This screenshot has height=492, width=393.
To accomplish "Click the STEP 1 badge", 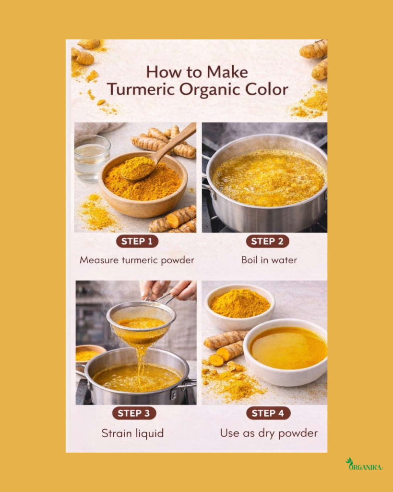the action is pos(137,241).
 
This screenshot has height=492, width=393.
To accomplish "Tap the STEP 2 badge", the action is pos(267,241).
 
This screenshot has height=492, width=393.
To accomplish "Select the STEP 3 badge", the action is pos(134,413).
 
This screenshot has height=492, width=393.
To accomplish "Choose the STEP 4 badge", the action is pos(268,413).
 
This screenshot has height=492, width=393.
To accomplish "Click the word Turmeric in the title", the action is pos(141,89).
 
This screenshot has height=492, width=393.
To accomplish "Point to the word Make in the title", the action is pos(227,72).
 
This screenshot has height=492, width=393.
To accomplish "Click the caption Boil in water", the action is pos(269,260).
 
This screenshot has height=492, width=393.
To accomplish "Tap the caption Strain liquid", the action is pos(132,433).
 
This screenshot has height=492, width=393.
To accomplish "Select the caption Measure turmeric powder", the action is pos(137,260).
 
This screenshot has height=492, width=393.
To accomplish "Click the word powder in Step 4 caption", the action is pos(298,433).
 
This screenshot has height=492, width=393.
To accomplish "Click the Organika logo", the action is pos(364,465).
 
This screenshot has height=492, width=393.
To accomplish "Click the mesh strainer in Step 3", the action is pos(141,323).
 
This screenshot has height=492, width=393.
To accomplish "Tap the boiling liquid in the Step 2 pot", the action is pos(268,178).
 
